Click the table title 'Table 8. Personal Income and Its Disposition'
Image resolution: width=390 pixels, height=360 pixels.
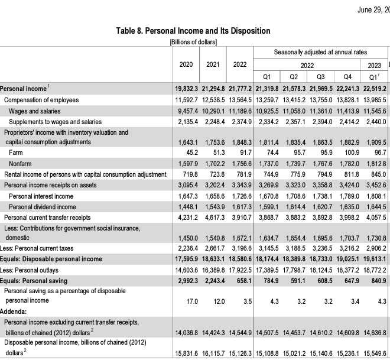[x=193, y=31]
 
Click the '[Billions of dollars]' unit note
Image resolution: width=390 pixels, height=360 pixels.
[x=193, y=42]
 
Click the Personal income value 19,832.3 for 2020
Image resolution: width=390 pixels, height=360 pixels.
[x=184, y=88]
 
